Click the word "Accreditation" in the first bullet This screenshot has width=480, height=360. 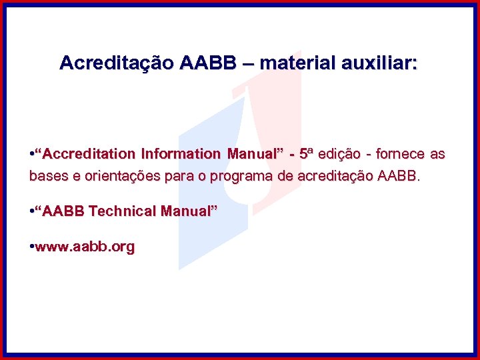point(89,154)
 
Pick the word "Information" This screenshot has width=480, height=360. point(181,154)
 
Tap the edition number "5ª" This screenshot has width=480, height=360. point(306,154)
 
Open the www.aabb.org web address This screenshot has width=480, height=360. point(85,247)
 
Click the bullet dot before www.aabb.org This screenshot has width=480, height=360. point(31,247)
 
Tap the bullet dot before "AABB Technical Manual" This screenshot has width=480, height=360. point(31,211)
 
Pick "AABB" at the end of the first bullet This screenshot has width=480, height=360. point(399,177)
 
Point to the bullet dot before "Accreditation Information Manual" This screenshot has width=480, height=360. point(31,154)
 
